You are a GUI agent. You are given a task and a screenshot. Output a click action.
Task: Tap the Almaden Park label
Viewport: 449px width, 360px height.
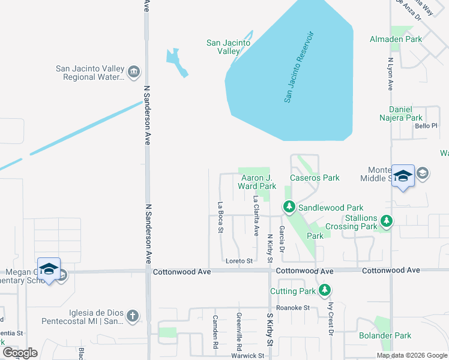tap(413, 39)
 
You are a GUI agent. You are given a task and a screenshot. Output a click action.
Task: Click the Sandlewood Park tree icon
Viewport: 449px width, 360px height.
tap(289, 208)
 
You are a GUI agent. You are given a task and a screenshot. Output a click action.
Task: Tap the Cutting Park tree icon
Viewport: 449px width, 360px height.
tap(325, 291)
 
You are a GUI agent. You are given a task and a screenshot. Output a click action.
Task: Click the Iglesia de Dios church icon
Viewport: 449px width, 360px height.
tap(133, 316)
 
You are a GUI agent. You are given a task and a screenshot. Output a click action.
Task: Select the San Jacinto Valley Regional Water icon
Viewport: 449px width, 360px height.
tap(134, 73)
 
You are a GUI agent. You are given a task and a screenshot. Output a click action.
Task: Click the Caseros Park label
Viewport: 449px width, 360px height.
tap(315, 178)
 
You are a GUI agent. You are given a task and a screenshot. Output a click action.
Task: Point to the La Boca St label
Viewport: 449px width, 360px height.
tap(221, 217)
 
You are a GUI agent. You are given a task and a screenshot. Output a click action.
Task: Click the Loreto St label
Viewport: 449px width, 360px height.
tap(239, 261)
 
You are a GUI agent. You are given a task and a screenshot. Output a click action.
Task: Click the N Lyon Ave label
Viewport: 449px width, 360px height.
tap(390, 74)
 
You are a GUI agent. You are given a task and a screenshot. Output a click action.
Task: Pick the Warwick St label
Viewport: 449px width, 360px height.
tap(249, 356)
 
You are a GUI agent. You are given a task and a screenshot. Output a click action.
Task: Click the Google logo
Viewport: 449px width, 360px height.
tap(20, 353)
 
